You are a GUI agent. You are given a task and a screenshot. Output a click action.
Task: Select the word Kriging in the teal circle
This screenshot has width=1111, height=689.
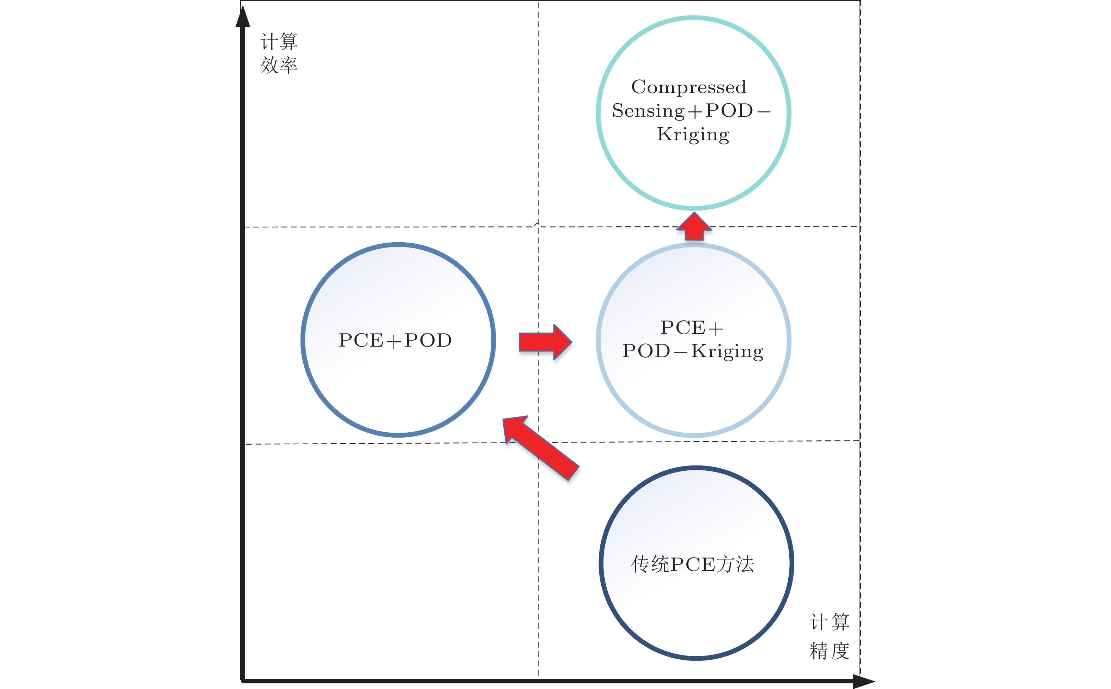(693, 134)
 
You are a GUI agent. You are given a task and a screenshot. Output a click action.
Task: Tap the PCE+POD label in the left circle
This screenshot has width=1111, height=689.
(395, 340)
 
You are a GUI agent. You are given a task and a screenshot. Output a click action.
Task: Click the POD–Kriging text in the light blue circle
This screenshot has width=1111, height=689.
(693, 351)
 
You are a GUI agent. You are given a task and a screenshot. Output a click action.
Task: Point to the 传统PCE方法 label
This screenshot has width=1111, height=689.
(693, 564)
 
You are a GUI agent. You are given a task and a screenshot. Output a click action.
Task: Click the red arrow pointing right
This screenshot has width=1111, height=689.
(545, 342)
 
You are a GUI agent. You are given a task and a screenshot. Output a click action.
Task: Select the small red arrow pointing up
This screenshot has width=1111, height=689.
(693, 226)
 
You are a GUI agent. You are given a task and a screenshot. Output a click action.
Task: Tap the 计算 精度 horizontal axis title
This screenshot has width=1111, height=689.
(830, 636)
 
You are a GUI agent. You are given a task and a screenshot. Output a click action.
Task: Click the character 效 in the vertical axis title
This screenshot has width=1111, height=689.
(269, 65)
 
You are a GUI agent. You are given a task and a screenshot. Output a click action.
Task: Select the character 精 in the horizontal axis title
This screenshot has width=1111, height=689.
(819, 651)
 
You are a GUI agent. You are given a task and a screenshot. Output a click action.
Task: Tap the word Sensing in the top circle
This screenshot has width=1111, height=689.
(648, 111)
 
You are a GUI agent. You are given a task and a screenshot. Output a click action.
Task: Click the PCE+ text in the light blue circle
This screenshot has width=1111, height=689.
(692, 328)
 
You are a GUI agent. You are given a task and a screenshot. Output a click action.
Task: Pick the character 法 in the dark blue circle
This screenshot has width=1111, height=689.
(745, 564)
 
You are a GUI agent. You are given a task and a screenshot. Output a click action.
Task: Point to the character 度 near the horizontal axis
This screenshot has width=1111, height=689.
(840, 651)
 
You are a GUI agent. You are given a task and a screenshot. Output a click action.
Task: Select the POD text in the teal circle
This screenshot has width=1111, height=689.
(729, 111)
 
